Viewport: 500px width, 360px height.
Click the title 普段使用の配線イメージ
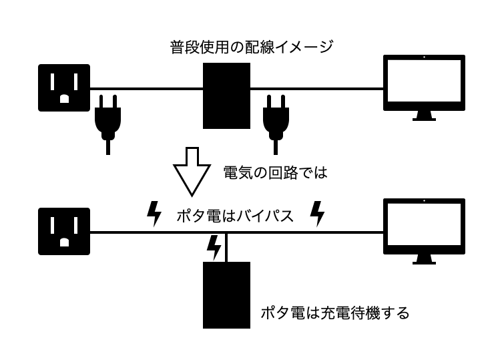point(252,47)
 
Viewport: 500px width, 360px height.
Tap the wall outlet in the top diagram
point(64,87)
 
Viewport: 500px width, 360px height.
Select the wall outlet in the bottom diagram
point(64,232)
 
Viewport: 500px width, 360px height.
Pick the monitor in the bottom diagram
point(424,226)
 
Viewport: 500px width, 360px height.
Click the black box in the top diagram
point(226,96)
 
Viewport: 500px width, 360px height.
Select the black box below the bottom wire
point(226,295)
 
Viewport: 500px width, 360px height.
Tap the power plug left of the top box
point(107,120)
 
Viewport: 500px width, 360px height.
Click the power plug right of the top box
point(274,120)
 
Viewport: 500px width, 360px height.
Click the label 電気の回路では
point(275,173)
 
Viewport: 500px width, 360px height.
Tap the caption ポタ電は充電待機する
point(334,312)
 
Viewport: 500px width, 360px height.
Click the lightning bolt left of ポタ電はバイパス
point(154,214)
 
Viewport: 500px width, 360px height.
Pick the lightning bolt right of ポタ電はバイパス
point(318,214)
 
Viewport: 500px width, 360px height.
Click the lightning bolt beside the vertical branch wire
point(214,247)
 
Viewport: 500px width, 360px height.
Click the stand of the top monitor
point(424,116)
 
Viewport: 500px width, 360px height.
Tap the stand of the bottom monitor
point(424,260)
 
